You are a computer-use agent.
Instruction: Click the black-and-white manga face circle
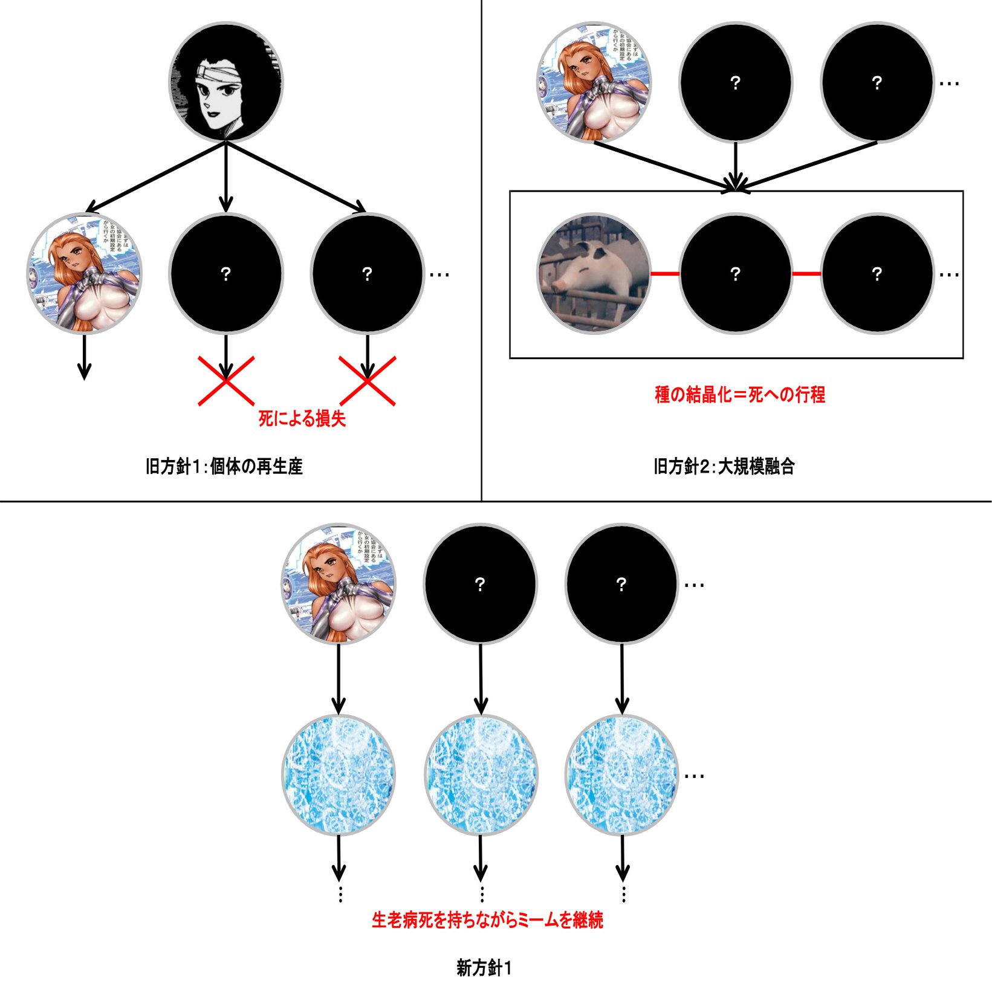click(225, 82)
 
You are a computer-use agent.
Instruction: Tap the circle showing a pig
click(594, 273)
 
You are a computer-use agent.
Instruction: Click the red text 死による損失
click(302, 418)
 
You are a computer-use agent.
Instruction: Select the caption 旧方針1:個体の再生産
click(224, 467)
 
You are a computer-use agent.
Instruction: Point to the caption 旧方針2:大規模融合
click(724, 467)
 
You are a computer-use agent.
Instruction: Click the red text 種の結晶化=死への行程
click(740, 395)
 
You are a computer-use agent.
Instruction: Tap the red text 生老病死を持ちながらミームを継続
click(487, 920)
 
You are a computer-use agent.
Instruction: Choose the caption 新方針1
click(484, 968)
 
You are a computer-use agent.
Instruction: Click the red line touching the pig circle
click(665, 274)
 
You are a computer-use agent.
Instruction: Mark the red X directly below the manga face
click(226, 381)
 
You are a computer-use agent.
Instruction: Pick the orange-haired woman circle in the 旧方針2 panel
click(594, 82)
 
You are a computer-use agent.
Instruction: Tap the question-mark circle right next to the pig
click(735, 273)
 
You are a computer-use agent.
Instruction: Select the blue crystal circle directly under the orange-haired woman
click(339, 775)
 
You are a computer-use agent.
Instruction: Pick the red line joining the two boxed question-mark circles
click(806, 274)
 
